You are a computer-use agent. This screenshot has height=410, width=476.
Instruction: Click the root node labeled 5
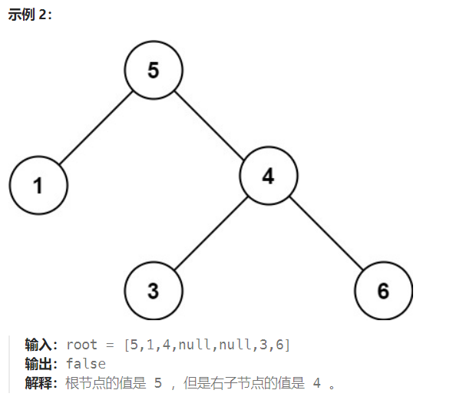tap(154, 71)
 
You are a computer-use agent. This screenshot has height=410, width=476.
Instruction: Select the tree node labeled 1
tap(38, 185)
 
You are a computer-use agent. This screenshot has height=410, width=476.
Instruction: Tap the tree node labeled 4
tap(268, 177)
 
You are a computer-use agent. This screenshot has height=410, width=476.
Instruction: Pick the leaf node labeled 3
tap(154, 291)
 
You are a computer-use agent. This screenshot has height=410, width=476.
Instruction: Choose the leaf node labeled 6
tap(383, 291)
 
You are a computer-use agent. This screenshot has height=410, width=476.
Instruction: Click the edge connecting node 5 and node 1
tap(96, 127)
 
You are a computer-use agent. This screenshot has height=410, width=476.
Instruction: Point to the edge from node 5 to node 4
tap(211, 124)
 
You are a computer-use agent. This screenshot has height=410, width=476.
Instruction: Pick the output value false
tap(86, 364)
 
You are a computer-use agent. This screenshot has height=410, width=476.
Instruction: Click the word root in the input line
tap(82, 345)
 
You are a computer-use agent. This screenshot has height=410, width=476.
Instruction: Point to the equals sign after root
tap(111, 345)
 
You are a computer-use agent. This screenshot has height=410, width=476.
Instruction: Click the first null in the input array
tap(193, 345)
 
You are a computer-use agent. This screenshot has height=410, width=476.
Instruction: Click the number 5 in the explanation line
tap(158, 383)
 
